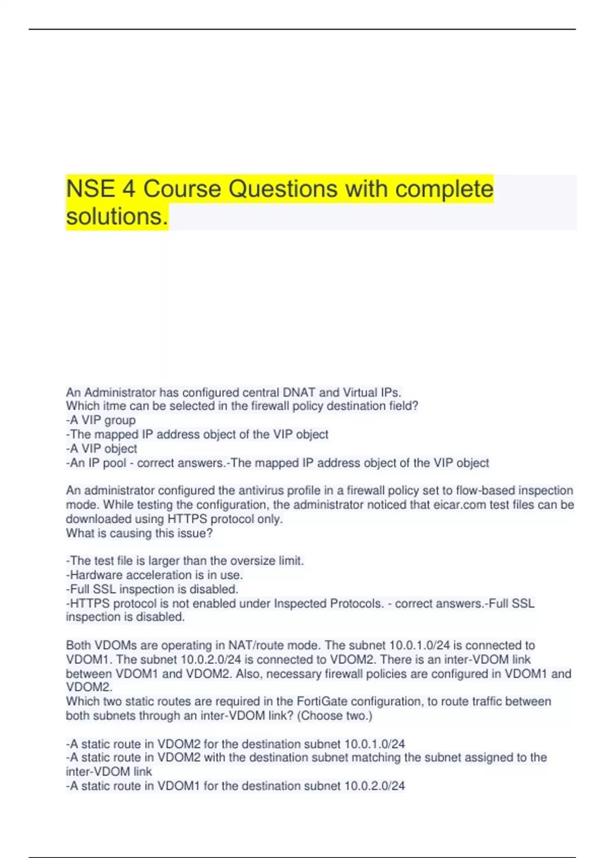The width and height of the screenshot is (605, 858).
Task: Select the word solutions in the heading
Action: [x=116, y=217]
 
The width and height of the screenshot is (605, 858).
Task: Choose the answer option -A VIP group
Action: [x=101, y=420]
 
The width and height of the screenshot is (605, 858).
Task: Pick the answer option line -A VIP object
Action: [x=101, y=448]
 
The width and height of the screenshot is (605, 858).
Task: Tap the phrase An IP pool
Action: [x=98, y=463]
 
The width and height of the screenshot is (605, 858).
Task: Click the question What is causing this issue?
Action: [x=139, y=533]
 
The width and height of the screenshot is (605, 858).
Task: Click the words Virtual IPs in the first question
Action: [x=372, y=392]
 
